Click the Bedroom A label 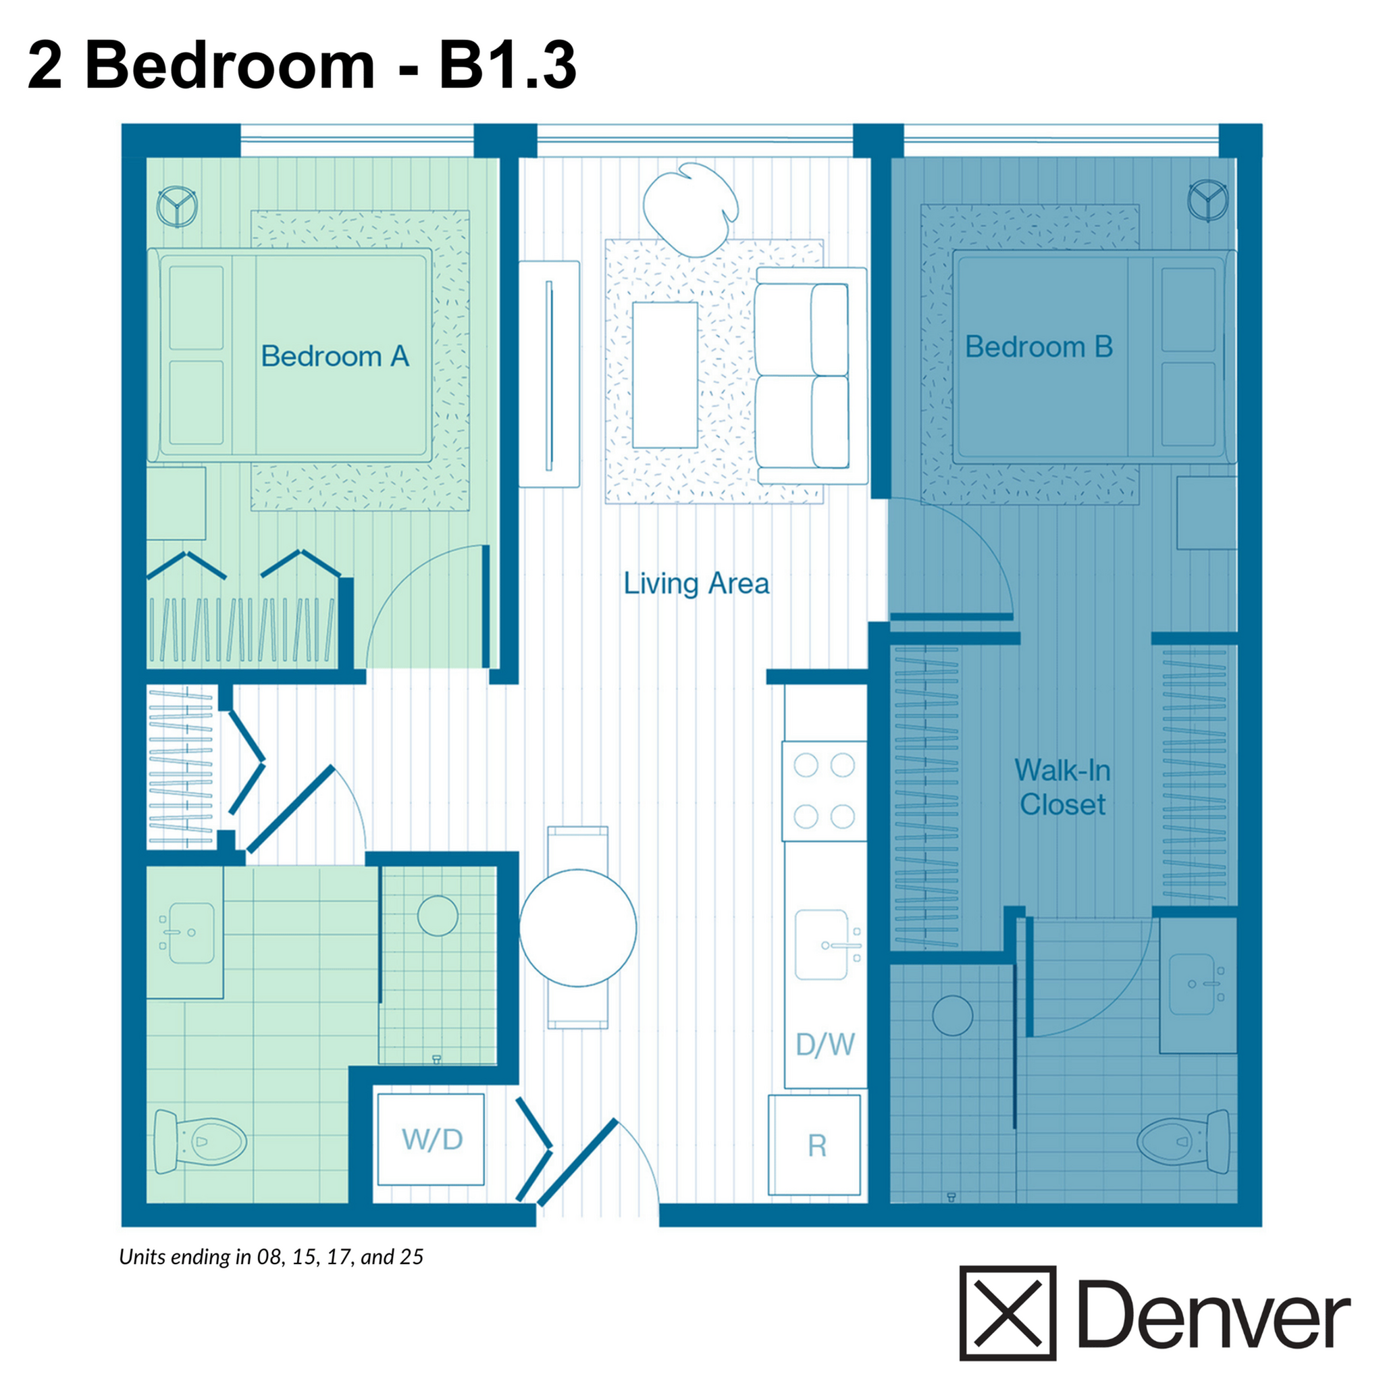click(334, 356)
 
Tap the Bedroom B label click(1038, 346)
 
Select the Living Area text click(696, 583)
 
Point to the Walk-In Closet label click(1062, 787)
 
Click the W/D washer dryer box click(431, 1139)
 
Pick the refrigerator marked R click(814, 1145)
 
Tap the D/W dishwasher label click(825, 1045)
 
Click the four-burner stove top click(824, 791)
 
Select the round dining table click(577, 928)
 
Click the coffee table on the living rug click(665, 374)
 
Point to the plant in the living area click(691, 208)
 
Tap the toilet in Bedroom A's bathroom click(200, 1141)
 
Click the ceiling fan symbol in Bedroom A click(177, 206)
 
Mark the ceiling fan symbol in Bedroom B click(1207, 201)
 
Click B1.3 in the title click(507, 66)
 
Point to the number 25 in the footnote click(412, 1256)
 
